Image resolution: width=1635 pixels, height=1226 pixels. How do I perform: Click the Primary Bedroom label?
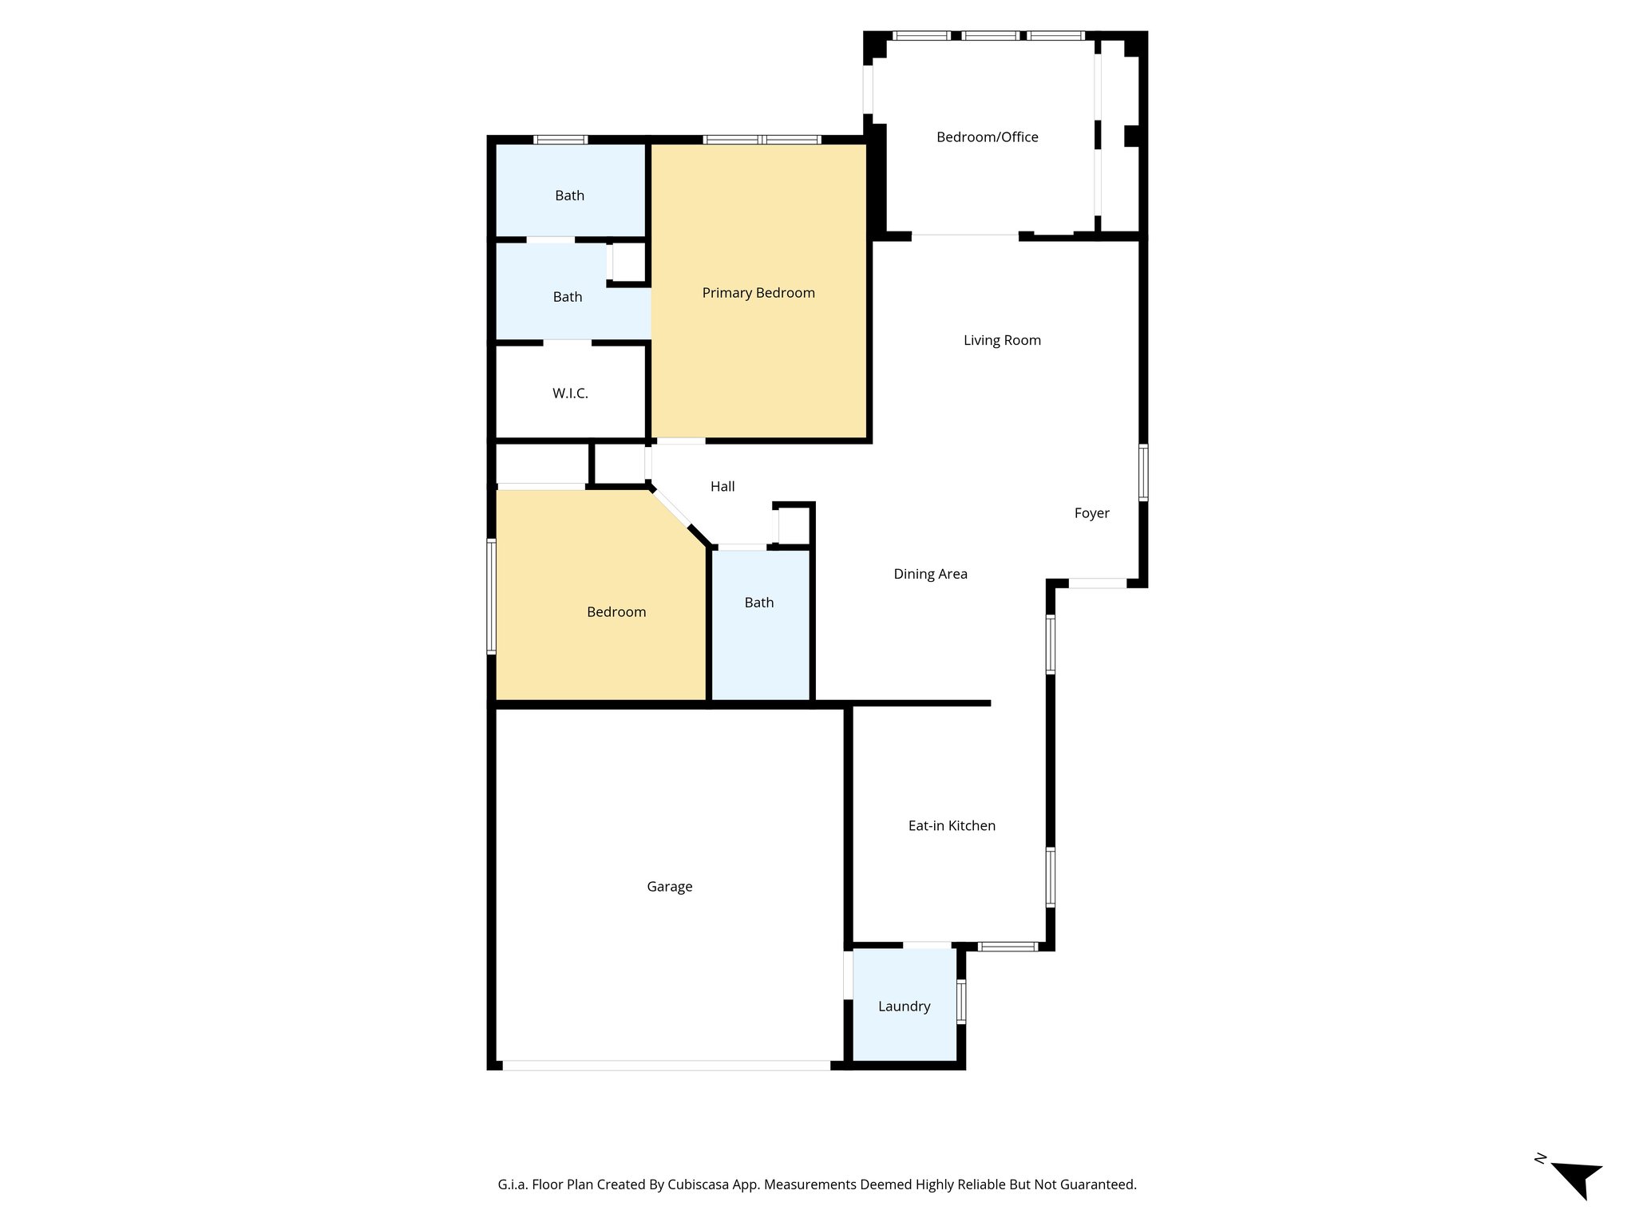click(x=758, y=293)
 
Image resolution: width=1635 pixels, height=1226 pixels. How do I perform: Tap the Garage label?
click(x=669, y=887)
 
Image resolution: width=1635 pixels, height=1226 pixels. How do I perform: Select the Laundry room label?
click(x=904, y=1007)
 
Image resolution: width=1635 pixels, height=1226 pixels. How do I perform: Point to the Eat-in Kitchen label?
click(x=952, y=826)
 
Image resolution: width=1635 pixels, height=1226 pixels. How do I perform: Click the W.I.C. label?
click(x=570, y=394)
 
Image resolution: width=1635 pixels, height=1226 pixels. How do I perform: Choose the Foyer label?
click(x=1091, y=513)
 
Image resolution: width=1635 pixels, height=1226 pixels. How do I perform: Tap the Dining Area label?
click(x=930, y=574)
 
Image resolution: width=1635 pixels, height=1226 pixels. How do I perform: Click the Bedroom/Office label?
click(x=987, y=137)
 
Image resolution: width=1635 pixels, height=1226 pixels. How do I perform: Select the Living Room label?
click(x=1002, y=341)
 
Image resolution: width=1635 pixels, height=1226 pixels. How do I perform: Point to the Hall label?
click(x=722, y=487)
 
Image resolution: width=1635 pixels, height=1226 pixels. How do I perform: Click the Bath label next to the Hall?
click(x=758, y=603)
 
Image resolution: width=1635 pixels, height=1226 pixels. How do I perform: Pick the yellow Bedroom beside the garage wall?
click(x=616, y=612)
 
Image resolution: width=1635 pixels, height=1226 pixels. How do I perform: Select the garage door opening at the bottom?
click(x=667, y=1066)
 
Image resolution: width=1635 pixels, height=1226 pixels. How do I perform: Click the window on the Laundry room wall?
click(x=961, y=1002)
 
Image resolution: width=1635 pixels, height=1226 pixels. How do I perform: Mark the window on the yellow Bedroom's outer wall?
click(x=492, y=597)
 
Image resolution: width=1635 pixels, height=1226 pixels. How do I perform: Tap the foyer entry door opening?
click(x=1098, y=583)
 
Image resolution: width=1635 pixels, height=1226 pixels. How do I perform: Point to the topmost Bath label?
click(x=569, y=196)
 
